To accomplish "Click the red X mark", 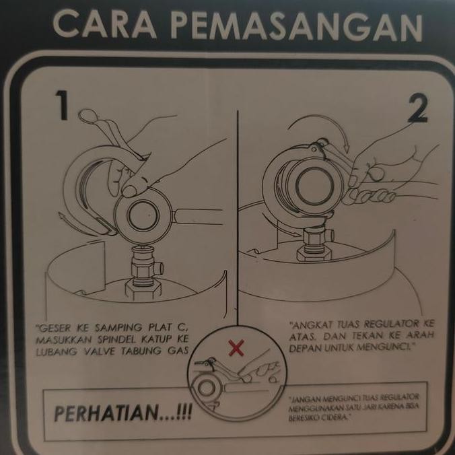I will point(236,348).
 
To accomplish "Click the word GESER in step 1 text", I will point(55,328).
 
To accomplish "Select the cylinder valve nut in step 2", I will point(313,239).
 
